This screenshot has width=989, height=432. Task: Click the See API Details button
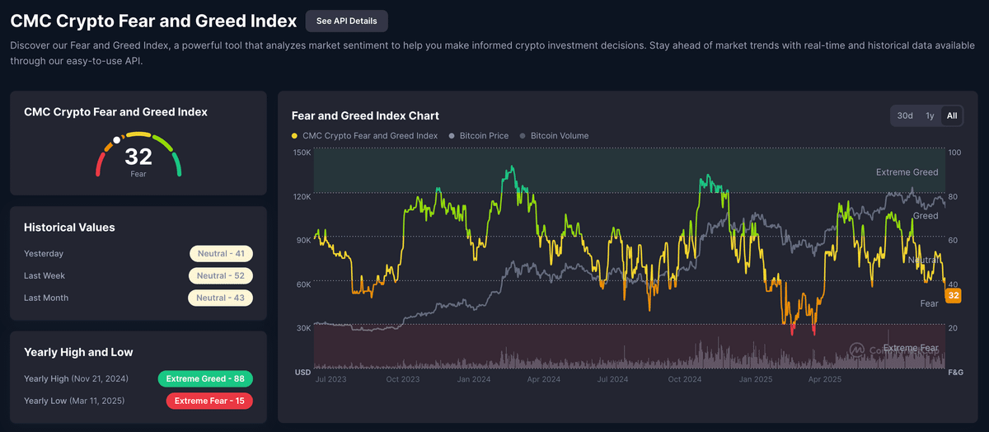pyautogui.click(x=346, y=21)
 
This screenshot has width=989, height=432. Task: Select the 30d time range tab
pyautogui.click(x=905, y=115)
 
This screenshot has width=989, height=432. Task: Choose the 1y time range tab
pyautogui.click(x=930, y=115)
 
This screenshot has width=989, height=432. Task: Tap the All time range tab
pyautogui.click(x=952, y=115)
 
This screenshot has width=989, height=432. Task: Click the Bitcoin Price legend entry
pyautogui.click(x=484, y=136)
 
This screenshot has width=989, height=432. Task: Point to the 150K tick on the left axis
pyautogui.click(x=302, y=153)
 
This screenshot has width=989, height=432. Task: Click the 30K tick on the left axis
pyautogui.click(x=303, y=328)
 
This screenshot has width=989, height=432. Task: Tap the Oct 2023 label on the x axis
pyautogui.click(x=403, y=379)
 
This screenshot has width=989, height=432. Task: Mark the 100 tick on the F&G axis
pyautogui.click(x=954, y=153)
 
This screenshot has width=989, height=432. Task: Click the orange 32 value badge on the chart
pyautogui.click(x=954, y=296)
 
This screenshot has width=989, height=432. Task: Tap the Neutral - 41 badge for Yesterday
pyautogui.click(x=221, y=254)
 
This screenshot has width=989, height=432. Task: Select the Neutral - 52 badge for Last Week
pyautogui.click(x=221, y=276)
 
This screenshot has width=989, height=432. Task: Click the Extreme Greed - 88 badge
pyautogui.click(x=205, y=379)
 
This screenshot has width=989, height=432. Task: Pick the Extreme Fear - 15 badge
pyautogui.click(x=209, y=401)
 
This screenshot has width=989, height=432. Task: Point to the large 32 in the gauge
pyautogui.click(x=138, y=157)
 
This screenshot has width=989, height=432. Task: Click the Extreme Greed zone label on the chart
pyautogui.click(x=907, y=172)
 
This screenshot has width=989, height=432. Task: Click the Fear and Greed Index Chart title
pyautogui.click(x=365, y=115)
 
